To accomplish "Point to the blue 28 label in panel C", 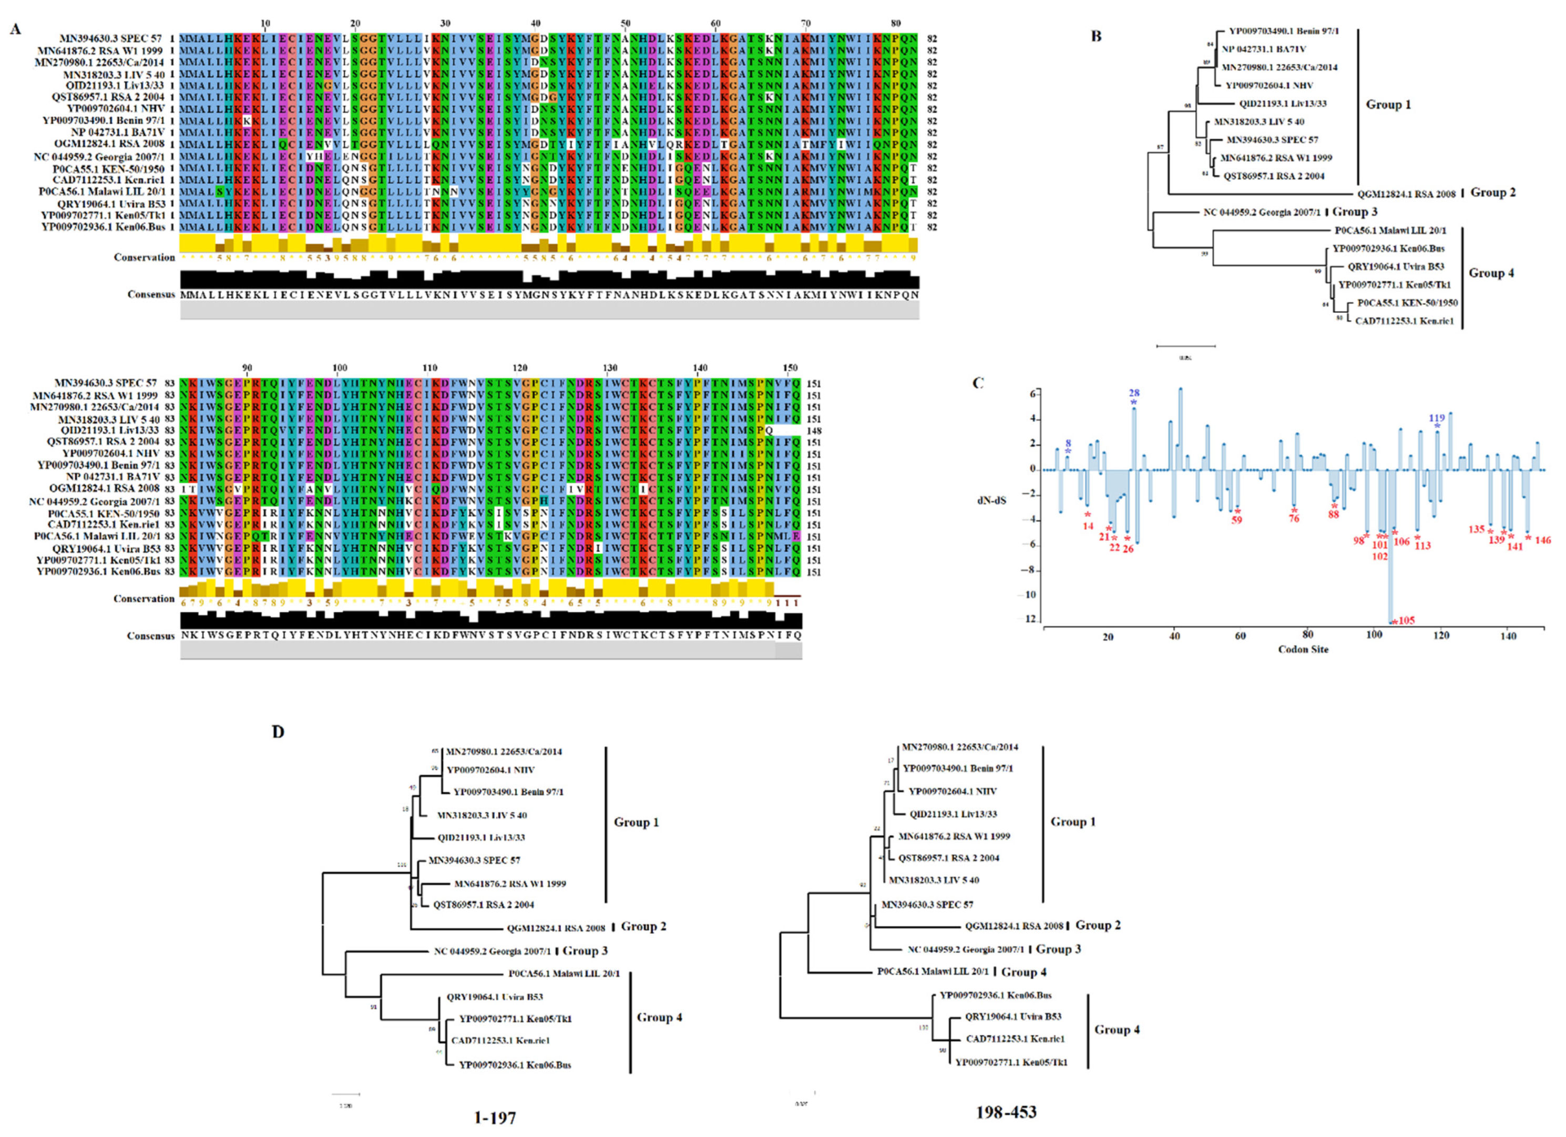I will (1134, 393).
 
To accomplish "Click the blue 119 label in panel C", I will (1437, 418).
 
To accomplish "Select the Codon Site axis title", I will (1303, 649).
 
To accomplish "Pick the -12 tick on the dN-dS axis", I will (1030, 619).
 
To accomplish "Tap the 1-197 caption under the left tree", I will (495, 1117).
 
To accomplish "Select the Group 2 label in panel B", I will (1493, 192).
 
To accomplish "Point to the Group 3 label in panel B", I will (1354, 211).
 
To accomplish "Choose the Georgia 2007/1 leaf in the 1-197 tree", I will (493, 951).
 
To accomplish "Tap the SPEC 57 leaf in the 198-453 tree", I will (927, 904).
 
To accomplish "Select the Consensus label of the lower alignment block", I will (150, 636).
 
